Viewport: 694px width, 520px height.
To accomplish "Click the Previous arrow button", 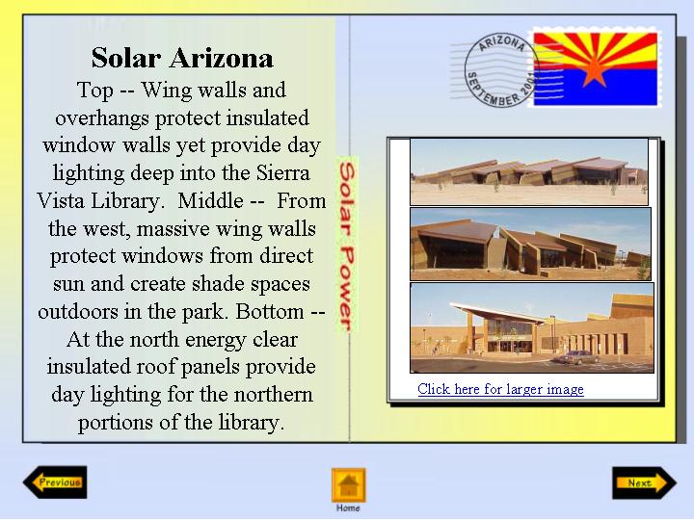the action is pyautogui.click(x=55, y=482).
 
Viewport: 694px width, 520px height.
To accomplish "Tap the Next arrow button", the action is pyautogui.click(x=645, y=482).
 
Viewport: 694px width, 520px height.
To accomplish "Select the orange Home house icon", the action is pyautogui.click(x=349, y=484).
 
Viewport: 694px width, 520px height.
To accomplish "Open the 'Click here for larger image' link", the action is pyautogui.click(x=500, y=389).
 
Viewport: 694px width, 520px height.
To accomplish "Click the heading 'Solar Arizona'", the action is pyautogui.click(x=182, y=58).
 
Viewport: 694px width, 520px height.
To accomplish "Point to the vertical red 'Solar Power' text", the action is pyautogui.click(x=347, y=247).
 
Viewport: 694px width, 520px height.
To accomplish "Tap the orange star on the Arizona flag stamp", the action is pyautogui.click(x=594, y=69).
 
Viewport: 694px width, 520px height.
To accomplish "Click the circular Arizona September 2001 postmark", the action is pyautogui.click(x=501, y=70).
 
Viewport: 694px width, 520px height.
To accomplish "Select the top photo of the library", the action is pyautogui.click(x=529, y=171).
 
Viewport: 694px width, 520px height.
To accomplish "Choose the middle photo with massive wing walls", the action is pyautogui.click(x=531, y=244).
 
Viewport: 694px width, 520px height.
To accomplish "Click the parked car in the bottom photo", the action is pyautogui.click(x=576, y=357).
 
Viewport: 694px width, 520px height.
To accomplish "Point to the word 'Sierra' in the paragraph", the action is pyautogui.click(x=283, y=173).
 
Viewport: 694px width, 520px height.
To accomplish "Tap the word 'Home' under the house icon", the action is pyautogui.click(x=348, y=508).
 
